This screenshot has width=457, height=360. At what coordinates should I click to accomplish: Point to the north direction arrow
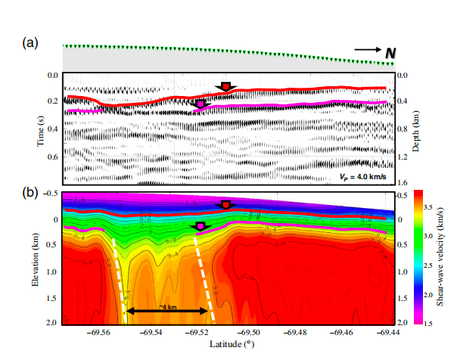click(x=366, y=51)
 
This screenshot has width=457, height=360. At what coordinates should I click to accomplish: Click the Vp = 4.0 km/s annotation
click(x=362, y=178)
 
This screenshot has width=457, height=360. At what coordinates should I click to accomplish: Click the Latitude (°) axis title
click(x=235, y=345)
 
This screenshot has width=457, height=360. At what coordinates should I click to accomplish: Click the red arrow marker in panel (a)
click(x=225, y=87)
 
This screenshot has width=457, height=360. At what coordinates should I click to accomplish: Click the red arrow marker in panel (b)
click(x=225, y=205)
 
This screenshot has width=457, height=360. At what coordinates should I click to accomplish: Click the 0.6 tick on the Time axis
click(x=53, y=157)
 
